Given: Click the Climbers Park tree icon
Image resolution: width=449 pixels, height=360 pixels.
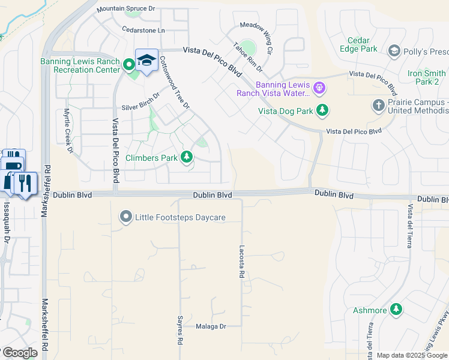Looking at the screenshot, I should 187,158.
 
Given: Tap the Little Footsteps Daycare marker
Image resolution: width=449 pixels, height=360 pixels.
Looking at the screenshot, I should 125,217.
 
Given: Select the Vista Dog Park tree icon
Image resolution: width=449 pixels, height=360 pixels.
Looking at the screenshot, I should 323,110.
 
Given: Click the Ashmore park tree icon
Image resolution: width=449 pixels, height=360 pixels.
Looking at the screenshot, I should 396,310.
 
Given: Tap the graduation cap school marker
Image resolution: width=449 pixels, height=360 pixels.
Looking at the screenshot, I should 146,61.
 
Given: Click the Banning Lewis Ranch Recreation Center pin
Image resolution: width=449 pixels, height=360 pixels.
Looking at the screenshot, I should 128,64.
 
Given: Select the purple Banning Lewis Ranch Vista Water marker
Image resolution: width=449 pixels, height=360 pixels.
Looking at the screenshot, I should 319,89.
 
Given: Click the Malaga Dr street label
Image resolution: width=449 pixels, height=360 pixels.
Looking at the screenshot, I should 211,327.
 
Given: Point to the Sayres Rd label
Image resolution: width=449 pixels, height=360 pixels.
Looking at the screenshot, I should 179,330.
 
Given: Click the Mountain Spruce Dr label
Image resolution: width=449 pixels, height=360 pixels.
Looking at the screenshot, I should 125,9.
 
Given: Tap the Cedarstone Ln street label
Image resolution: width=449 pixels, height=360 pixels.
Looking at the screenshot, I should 143,30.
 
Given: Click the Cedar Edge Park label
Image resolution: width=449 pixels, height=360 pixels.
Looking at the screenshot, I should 358,44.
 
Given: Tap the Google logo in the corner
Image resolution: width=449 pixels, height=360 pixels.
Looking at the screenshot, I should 19,353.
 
